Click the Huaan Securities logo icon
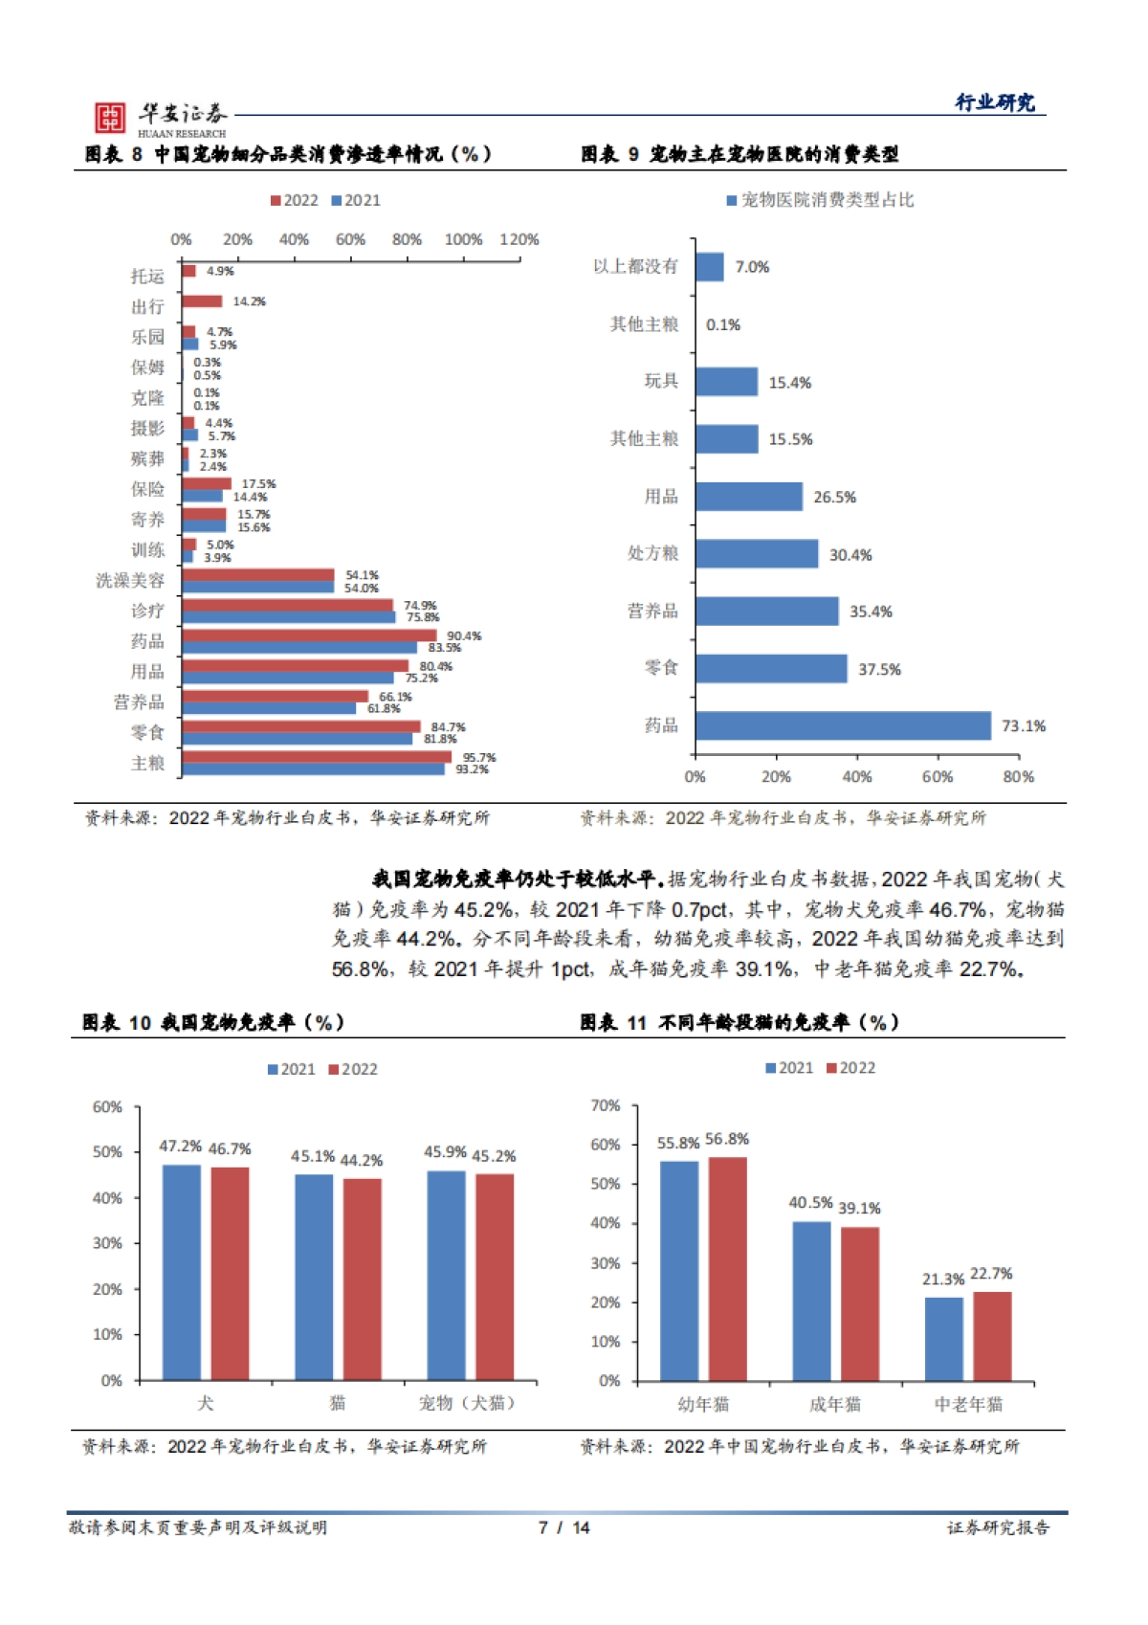coord(109,118)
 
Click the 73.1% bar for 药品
coord(843,725)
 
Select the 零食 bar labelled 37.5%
coord(771,668)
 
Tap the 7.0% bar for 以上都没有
coord(709,267)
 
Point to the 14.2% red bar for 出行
coord(202,301)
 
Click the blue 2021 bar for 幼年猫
coord(678,1270)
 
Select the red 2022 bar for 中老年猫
coord(992,1335)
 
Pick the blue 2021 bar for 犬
coord(182,1272)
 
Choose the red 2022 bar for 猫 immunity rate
coord(363,1279)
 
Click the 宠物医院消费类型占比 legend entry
coord(820,200)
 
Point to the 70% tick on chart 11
coord(606,1105)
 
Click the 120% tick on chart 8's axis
coord(519,239)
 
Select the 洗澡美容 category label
coord(130,580)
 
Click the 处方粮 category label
coord(653,553)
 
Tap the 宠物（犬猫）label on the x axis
coord(468,1403)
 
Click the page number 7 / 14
coord(564,1527)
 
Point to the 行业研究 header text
coord(995,102)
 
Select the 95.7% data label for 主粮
coord(479,757)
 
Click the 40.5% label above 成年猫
coord(809,1202)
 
